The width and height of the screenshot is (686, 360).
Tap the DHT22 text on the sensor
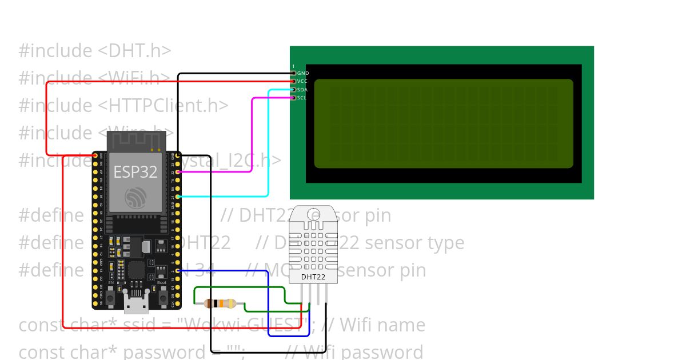(x=313, y=277)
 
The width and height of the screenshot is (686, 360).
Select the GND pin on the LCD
(x=294, y=73)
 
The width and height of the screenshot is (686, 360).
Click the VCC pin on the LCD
(x=294, y=81)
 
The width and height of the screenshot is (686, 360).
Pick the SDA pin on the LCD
(x=294, y=90)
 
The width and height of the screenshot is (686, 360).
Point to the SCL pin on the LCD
(x=294, y=98)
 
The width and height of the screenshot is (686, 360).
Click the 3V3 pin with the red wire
(x=95, y=155)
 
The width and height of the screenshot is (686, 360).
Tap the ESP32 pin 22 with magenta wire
(x=178, y=171)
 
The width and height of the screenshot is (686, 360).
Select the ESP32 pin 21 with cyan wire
(x=178, y=196)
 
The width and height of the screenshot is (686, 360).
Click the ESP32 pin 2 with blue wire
(x=178, y=270)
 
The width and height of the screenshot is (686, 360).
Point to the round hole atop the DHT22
(x=313, y=215)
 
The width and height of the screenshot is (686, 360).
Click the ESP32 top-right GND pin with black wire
(x=178, y=155)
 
